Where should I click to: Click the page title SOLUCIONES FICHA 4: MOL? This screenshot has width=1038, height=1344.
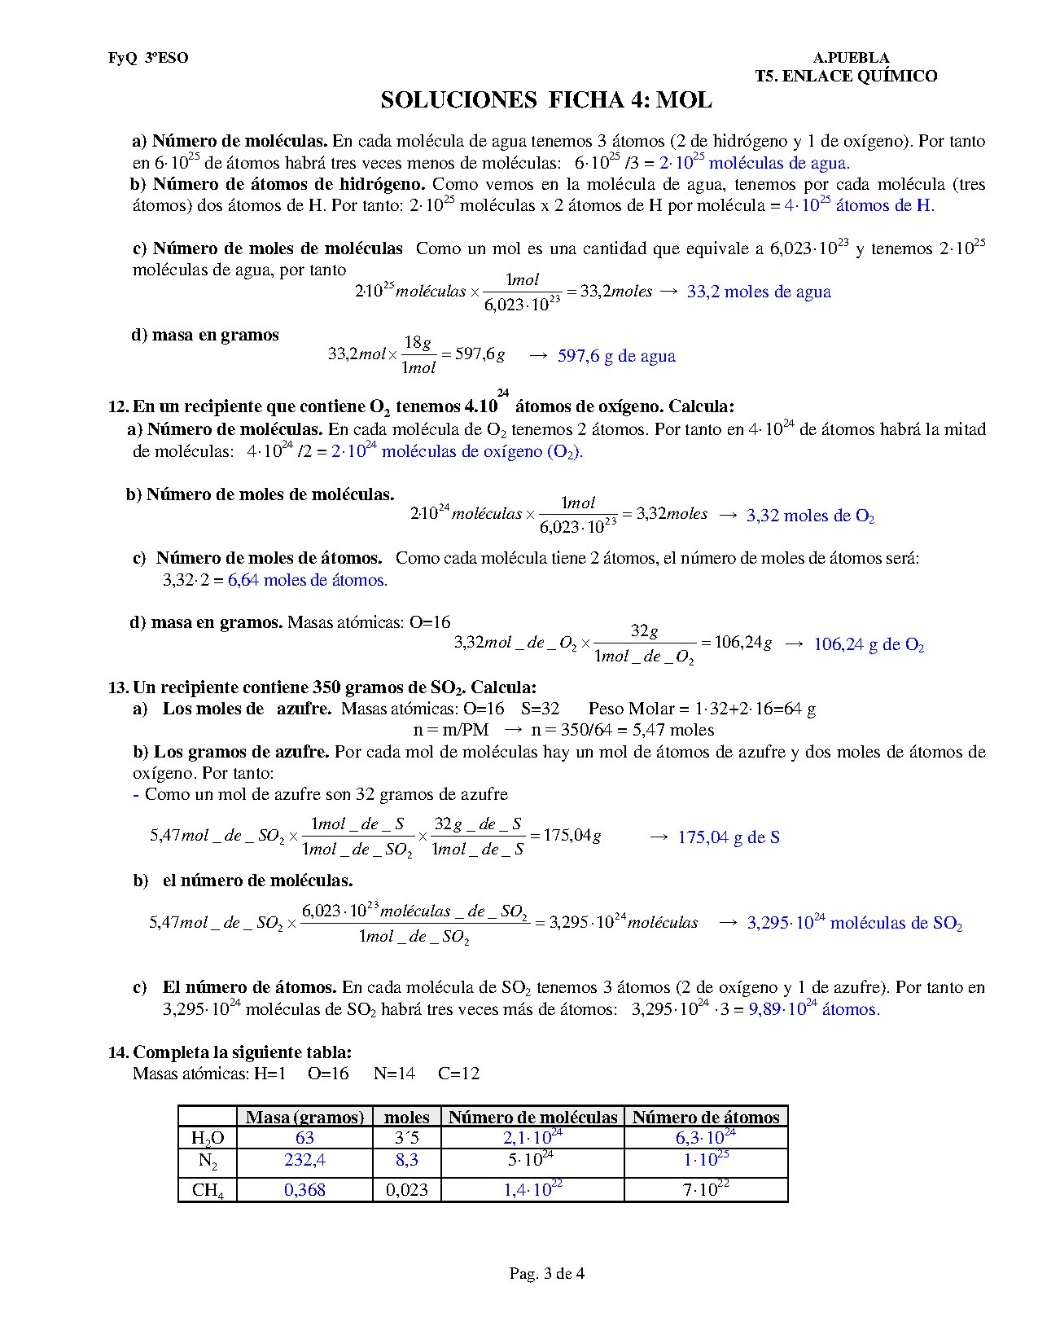(546, 100)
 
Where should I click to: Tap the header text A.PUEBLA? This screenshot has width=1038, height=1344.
(851, 58)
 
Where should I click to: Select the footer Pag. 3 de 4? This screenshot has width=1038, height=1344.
(546, 1273)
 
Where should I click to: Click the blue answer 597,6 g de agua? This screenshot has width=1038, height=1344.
(616, 356)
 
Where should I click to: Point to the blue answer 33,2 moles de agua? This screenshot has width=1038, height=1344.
(759, 292)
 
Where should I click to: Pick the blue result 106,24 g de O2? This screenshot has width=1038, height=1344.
(869, 645)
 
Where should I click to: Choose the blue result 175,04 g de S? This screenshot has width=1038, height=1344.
(729, 837)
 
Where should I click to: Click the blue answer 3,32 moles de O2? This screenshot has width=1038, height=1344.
(810, 516)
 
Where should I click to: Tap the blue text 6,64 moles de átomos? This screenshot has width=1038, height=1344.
(308, 580)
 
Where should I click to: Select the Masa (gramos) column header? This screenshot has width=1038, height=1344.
(304, 1117)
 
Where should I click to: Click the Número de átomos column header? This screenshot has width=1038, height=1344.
(706, 1117)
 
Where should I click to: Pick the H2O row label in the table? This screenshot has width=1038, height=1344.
(208, 1138)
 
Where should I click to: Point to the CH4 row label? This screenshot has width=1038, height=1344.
(208, 1190)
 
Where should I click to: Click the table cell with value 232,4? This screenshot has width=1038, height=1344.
(304, 1160)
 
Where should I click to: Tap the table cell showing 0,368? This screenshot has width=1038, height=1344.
(304, 1190)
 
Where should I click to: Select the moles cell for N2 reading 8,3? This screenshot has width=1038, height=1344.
(406, 1160)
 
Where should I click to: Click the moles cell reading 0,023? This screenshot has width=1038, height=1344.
(406, 1190)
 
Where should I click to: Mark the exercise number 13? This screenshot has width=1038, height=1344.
(117, 687)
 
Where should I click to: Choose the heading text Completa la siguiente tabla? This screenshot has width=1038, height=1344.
(242, 1052)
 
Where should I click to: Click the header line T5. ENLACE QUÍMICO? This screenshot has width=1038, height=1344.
(846, 77)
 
